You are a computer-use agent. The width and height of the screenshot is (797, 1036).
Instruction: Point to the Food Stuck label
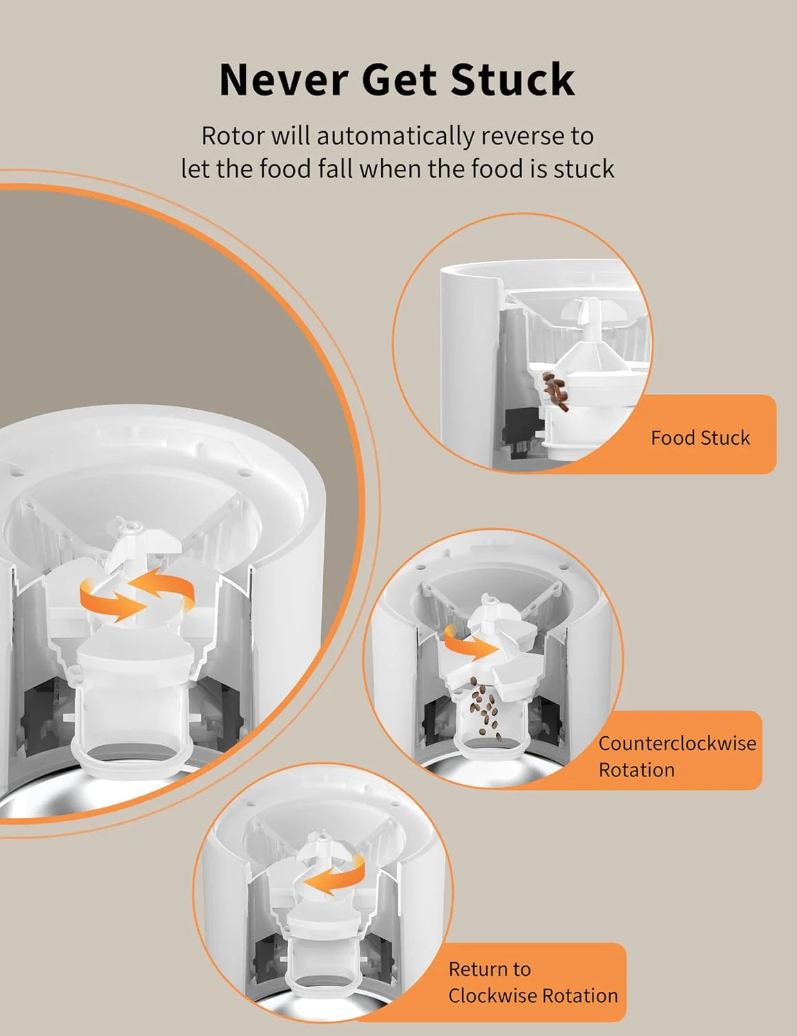pyautogui.click(x=700, y=438)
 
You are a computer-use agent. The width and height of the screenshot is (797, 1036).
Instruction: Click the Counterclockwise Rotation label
pyautogui.click(x=676, y=756)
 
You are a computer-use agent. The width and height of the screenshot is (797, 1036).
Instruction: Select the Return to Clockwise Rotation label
pyautogui.click(x=532, y=982)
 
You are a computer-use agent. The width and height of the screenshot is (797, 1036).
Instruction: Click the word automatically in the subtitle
pyautogui.click(x=395, y=136)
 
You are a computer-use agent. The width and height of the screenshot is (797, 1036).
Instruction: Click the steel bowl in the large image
pyautogui.click(x=41, y=801)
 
